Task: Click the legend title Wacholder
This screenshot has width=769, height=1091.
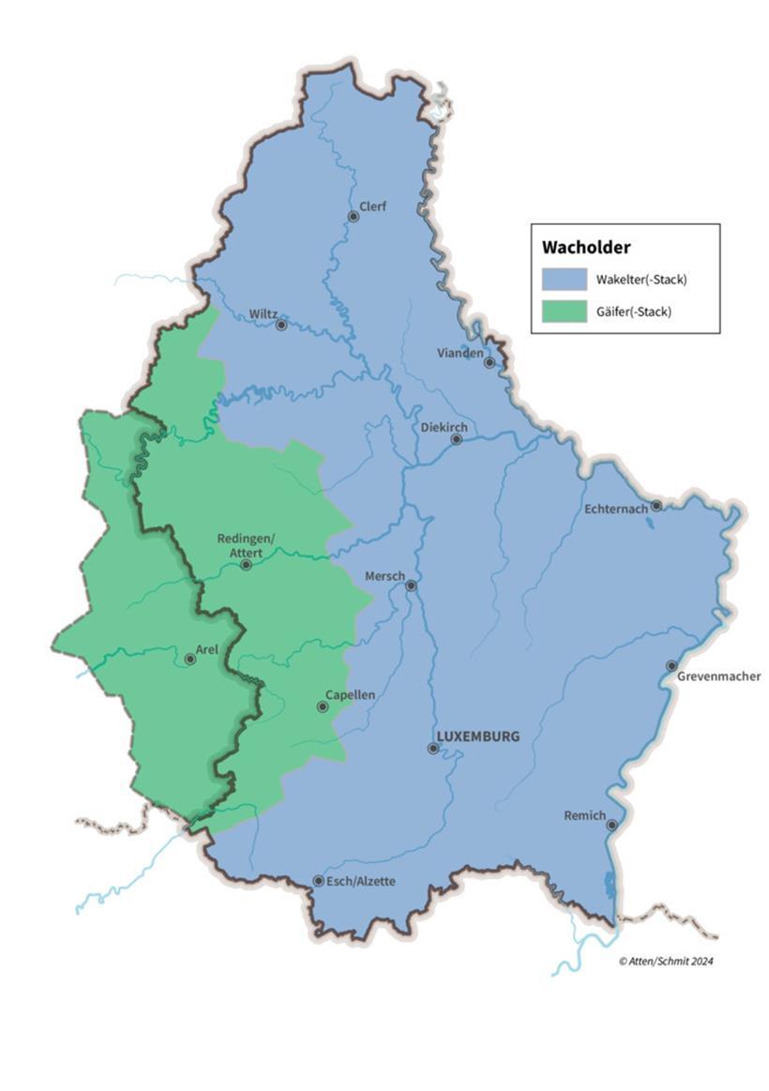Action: (x=586, y=248)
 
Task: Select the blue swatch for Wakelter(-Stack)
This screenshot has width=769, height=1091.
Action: (x=564, y=280)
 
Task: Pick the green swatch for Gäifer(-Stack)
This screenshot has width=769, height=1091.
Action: (x=564, y=311)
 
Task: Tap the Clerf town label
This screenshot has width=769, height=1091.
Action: (x=372, y=206)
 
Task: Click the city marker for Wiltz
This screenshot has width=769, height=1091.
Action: (x=280, y=325)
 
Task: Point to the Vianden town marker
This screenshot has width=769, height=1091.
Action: (x=489, y=362)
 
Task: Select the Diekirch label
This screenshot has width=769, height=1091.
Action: (x=444, y=427)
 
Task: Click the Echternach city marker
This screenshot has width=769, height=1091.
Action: (x=656, y=506)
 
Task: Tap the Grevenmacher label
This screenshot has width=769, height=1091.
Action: (x=720, y=675)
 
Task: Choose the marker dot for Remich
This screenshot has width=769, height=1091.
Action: (x=611, y=826)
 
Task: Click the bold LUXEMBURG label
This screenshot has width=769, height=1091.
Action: (x=477, y=735)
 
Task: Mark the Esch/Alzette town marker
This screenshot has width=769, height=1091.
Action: (x=318, y=881)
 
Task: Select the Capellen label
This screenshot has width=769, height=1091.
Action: (x=350, y=695)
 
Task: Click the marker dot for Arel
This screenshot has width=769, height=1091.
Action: (x=189, y=659)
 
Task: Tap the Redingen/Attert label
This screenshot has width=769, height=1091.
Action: (x=247, y=545)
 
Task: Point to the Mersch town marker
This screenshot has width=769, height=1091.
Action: (x=410, y=585)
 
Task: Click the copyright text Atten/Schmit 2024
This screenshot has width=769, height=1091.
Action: (x=666, y=961)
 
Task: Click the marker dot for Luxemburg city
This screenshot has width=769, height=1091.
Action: (x=432, y=749)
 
